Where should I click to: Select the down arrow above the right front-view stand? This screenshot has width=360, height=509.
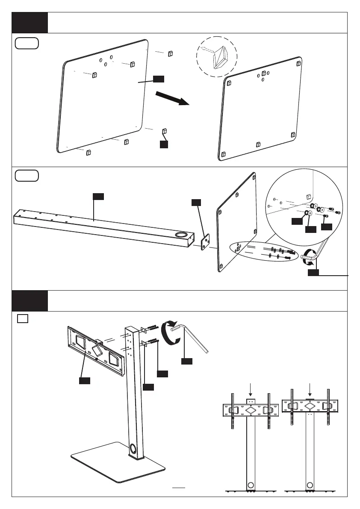pyautogui.click(x=310, y=389)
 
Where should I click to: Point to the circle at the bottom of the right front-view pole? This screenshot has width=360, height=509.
pyautogui.click(x=310, y=485)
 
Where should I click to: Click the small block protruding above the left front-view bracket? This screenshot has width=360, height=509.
pyautogui.click(x=251, y=401)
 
